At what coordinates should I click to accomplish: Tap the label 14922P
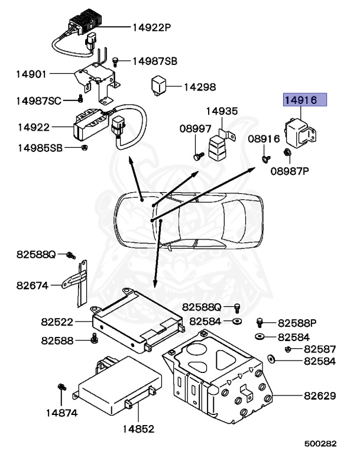click(x=151, y=27)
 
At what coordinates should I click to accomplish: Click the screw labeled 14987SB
click(x=116, y=61)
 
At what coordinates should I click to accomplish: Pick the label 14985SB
click(x=40, y=147)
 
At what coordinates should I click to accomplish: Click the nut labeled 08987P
click(x=287, y=155)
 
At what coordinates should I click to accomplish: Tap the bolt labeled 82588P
click(x=259, y=322)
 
